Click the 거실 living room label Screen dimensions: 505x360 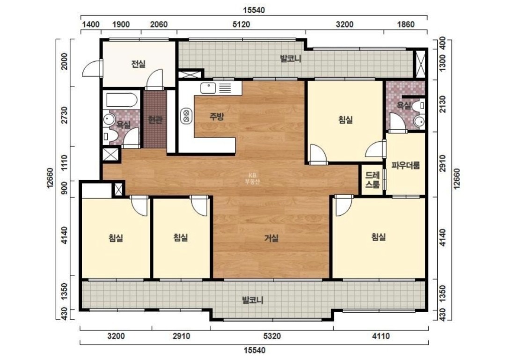271,238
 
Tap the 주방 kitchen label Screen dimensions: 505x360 216,116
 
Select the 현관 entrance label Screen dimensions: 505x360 155,120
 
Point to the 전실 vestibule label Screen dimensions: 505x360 139,64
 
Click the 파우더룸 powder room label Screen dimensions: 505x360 405,166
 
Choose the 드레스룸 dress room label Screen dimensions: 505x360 372,180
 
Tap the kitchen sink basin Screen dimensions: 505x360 208,88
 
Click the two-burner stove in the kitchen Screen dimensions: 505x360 186,116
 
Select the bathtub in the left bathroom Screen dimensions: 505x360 121,100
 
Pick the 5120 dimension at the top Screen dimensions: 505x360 241,24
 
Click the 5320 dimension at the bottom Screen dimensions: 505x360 272,336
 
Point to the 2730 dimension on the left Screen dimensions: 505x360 65,115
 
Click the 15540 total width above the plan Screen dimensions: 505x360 254,10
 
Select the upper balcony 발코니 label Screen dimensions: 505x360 290,59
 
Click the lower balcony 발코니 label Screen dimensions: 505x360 253,300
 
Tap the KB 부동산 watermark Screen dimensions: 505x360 252,178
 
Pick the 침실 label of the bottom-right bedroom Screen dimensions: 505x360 379,237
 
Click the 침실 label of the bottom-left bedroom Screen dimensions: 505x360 116,238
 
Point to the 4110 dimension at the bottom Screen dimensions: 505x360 381,336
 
